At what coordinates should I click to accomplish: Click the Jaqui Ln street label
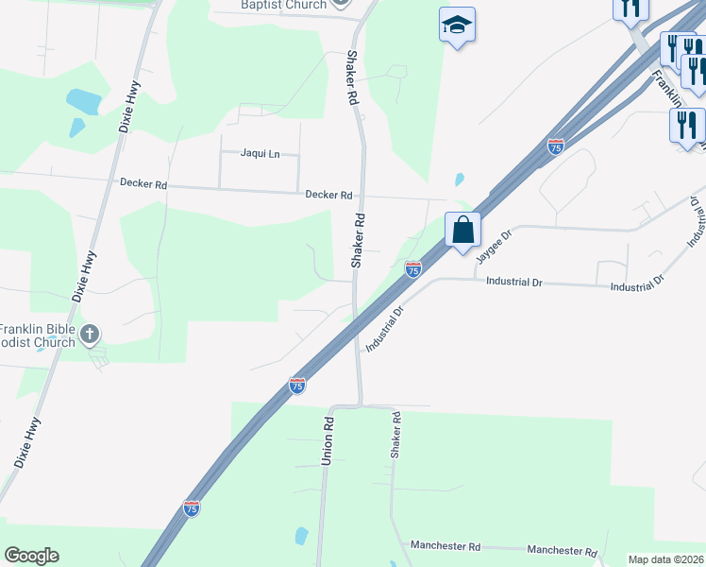261,153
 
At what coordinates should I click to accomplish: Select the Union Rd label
328,440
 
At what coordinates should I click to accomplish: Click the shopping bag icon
463,230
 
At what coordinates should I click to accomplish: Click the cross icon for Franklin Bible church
90,333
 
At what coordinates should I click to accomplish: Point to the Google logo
31,556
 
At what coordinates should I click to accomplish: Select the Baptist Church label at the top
282,5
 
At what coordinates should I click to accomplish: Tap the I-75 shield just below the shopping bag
412,269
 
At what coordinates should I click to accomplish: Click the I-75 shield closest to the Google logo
192,507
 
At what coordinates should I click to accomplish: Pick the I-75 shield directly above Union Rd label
297,385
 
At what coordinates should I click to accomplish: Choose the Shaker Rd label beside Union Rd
396,436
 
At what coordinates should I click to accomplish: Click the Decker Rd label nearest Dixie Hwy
143,183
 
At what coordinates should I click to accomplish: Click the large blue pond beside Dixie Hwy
84,100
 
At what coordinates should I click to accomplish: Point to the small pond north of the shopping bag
459,179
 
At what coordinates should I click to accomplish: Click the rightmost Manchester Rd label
563,551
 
